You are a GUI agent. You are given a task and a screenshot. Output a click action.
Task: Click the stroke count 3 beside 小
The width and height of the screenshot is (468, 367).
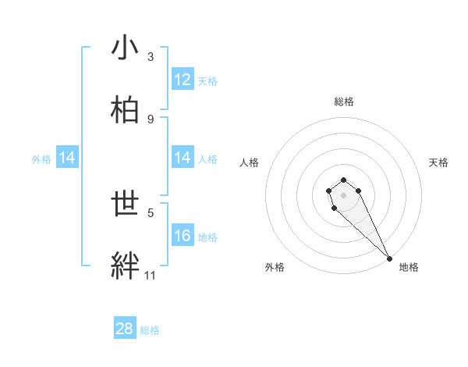pos(151,57)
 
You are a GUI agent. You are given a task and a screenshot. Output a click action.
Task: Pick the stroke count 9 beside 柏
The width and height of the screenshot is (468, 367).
pos(151,119)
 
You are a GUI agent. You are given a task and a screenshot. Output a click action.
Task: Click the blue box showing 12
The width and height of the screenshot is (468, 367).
pos(183,79)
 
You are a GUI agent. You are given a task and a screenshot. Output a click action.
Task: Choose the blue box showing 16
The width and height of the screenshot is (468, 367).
pos(183,236)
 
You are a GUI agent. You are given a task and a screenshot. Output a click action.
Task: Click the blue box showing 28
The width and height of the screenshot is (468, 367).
pos(125,329)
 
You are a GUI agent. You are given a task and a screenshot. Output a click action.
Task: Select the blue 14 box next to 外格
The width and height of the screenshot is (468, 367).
pos(67,158)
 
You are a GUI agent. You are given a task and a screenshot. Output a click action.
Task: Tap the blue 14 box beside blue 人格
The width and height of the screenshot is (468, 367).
pos(183,158)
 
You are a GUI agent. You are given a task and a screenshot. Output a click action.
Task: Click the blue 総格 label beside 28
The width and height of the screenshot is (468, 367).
pos(150,330)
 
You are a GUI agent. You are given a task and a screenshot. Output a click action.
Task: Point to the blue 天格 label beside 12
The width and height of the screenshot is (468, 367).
pos(207,80)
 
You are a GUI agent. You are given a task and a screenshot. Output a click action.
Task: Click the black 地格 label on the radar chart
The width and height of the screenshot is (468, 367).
pos(409,267)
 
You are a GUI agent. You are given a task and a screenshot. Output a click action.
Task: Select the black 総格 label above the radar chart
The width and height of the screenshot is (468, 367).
pos(344,102)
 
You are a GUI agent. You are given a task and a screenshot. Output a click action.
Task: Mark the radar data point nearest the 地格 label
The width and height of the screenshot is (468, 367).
pos(389,258)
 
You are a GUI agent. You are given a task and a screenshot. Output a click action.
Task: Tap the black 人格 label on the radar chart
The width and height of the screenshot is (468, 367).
pos(250,162)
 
